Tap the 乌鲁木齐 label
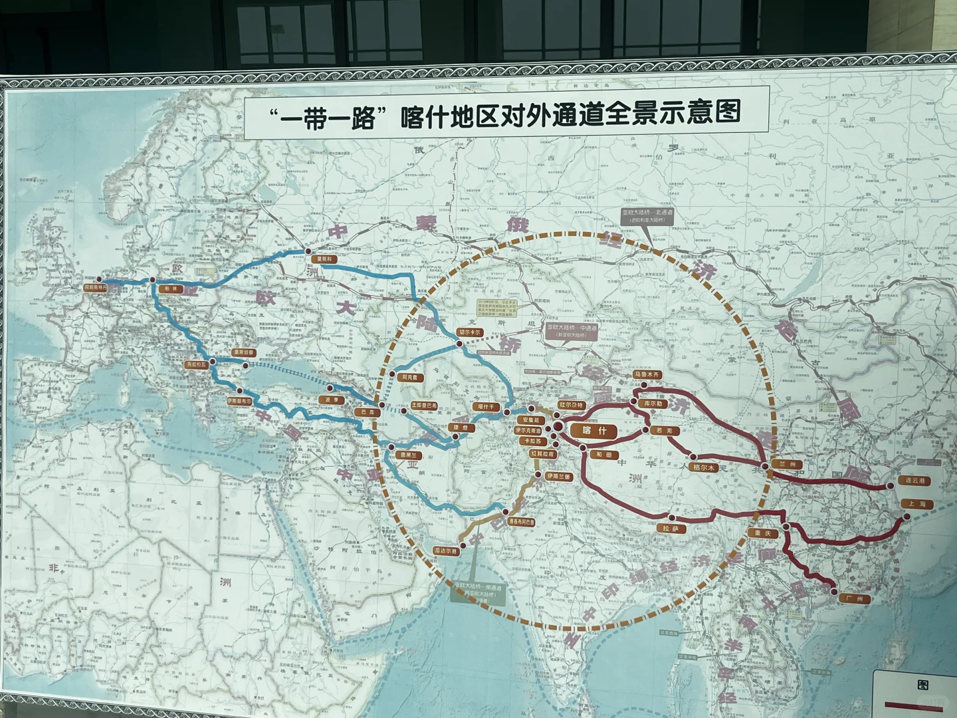point(647,375)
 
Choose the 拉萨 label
point(670,529)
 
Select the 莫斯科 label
point(323,259)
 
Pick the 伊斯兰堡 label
point(559,477)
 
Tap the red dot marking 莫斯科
point(308,250)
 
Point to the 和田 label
point(603,455)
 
